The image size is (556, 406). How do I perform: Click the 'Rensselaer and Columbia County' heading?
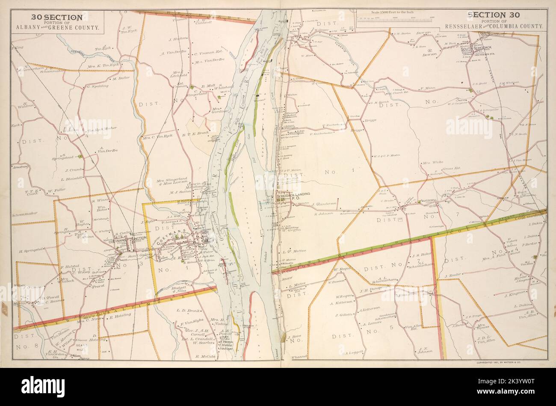(494, 27)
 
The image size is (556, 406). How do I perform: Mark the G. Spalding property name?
(97, 86)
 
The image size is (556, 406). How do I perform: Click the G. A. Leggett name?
(354, 353)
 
